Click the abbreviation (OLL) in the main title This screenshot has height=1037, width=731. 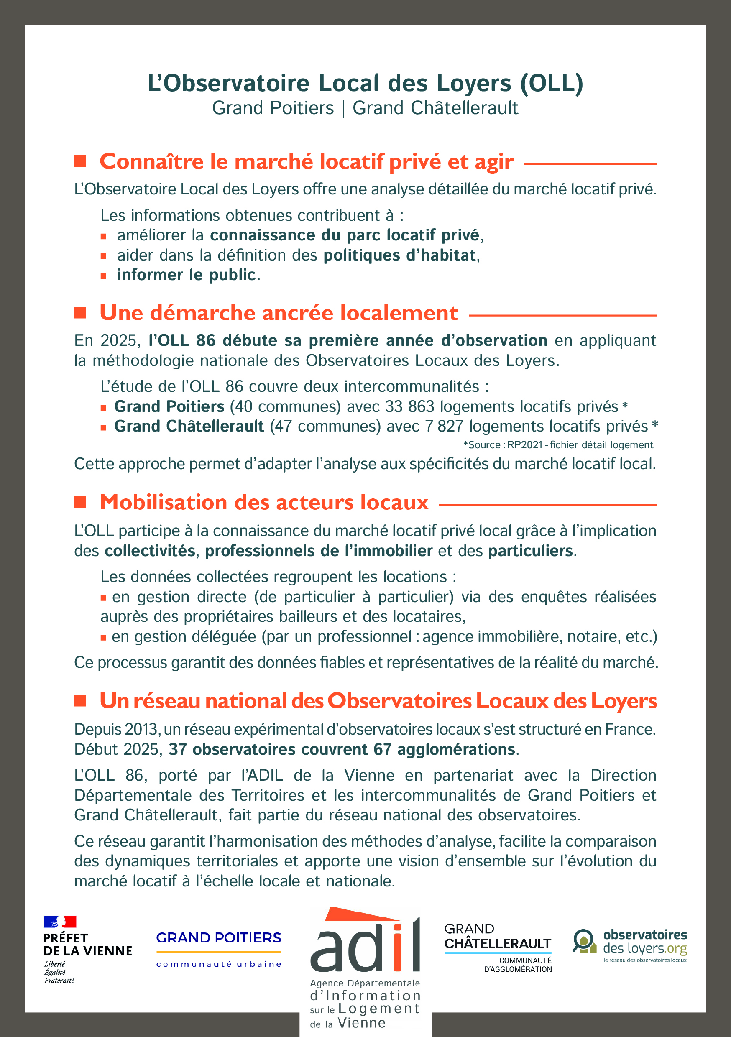552,84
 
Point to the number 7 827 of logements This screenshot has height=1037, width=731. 444,427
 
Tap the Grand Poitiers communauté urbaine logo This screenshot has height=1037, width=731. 219,949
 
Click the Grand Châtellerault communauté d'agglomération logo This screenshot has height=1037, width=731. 498,949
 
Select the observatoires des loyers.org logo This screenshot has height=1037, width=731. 629,946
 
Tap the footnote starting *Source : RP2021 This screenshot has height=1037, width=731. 558,445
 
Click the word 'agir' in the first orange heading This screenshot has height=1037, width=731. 494,162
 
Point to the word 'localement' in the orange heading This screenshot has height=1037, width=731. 399,313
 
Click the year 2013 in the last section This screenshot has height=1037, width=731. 142,729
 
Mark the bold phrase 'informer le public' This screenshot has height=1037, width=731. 186,275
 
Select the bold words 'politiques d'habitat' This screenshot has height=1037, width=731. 399,255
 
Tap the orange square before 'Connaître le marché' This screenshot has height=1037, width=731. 80,161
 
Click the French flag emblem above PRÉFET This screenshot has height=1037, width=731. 60,921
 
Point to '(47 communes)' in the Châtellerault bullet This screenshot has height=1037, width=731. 325,427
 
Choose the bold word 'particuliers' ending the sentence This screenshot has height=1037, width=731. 530,551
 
